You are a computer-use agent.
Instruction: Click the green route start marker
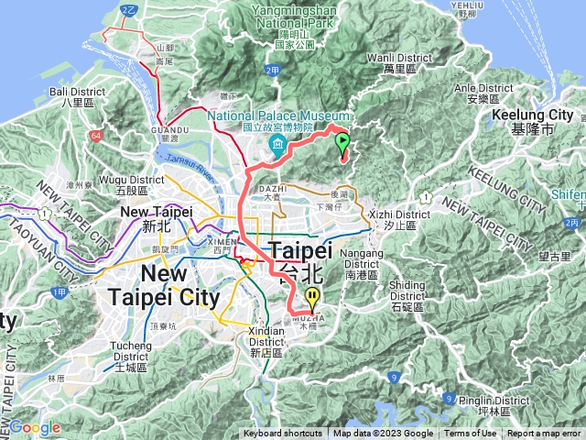tap(342, 143)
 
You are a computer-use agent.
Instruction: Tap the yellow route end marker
tap(313, 297)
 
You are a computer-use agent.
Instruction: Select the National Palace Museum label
tap(279, 122)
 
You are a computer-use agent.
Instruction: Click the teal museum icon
tap(276, 147)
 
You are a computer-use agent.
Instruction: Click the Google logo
tap(36, 427)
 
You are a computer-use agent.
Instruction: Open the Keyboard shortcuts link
tap(282, 434)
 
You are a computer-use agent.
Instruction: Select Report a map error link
tap(544, 434)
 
